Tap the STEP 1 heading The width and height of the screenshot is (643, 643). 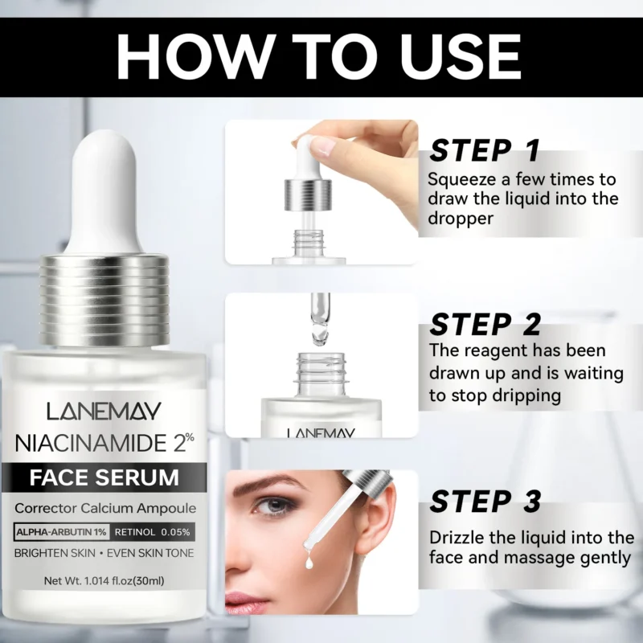click(x=484, y=150)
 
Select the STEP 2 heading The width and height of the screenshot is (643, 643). click(x=485, y=325)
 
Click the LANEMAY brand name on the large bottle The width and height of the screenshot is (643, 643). click(x=104, y=412)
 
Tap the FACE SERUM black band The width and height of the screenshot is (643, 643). click(x=104, y=477)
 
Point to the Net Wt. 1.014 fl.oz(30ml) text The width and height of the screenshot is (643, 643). click(x=104, y=580)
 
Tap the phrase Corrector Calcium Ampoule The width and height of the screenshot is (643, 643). click(x=104, y=508)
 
